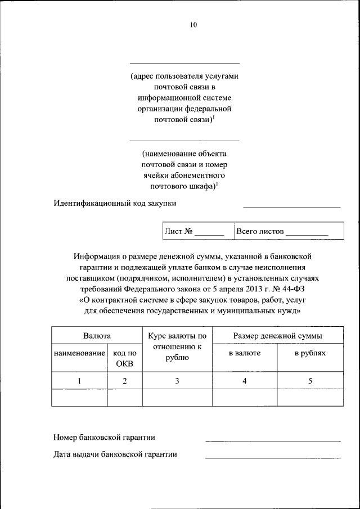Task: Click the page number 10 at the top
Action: (193, 25)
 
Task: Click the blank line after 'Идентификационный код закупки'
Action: (291, 206)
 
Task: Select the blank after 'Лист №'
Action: (210, 232)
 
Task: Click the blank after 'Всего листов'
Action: (307, 232)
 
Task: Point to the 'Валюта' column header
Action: (97, 336)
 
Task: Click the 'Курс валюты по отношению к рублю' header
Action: (177, 346)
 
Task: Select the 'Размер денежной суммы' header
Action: (278, 336)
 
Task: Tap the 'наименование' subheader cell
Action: (79, 353)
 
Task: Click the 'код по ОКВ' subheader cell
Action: (125, 358)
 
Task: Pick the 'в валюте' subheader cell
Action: (244, 353)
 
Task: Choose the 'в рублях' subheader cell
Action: (310, 353)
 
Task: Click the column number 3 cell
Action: (177, 381)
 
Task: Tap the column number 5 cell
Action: (310, 381)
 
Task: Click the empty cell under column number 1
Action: (79, 398)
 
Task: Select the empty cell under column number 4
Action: (244, 398)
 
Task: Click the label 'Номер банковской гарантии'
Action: (104, 437)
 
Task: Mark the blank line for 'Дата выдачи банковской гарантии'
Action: (273, 457)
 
